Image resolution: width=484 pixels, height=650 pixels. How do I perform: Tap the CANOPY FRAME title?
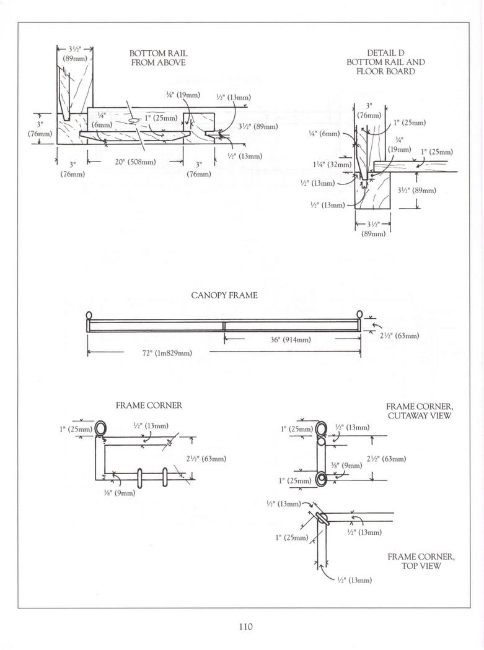click(224, 296)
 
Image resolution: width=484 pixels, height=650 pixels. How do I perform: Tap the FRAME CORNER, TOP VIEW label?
click(421, 561)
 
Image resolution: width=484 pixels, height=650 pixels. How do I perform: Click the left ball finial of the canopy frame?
click(89, 315)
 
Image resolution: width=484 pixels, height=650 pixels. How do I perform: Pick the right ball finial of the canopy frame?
click(358, 315)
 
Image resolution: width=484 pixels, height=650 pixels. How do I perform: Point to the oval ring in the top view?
click(322, 518)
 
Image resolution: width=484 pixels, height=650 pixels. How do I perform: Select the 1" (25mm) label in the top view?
click(292, 537)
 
